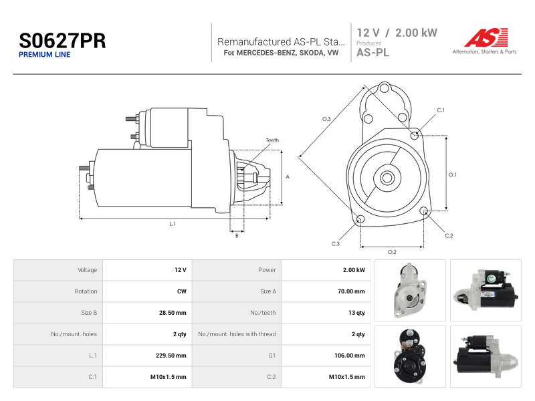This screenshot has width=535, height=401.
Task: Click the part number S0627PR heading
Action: click(x=62, y=41)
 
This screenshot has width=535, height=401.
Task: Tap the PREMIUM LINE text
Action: click(x=44, y=55)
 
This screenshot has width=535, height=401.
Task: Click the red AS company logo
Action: click(x=486, y=37)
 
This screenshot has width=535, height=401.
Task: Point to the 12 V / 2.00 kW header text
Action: click(x=397, y=33)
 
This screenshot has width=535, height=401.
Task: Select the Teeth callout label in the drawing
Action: click(x=272, y=140)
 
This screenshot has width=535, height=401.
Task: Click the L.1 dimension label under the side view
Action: click(x=173, y=224)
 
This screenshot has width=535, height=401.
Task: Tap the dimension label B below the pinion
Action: click(x=237, y=236)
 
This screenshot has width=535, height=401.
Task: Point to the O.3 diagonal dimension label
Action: click(x=326, y=119)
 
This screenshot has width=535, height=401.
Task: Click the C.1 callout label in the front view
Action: click(x=441, y=110)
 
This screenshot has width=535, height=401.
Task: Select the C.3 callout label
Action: click(x=336, y=244)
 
